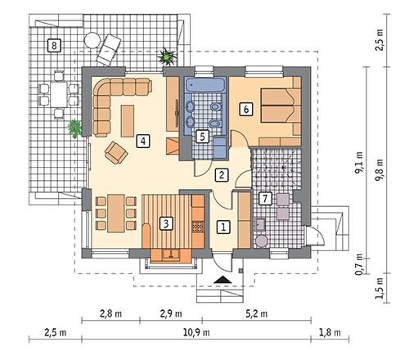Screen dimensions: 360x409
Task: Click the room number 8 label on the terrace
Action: (54, 45)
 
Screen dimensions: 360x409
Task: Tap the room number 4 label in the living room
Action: (143, 140)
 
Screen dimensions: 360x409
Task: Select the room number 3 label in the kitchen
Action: (165, 222)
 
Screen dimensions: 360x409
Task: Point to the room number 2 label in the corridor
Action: (221, 174)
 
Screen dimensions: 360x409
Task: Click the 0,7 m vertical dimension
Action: (358, 266)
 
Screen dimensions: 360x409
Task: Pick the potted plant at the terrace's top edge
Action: (168, 56)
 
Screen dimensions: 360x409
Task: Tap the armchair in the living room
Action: (116, 151)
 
